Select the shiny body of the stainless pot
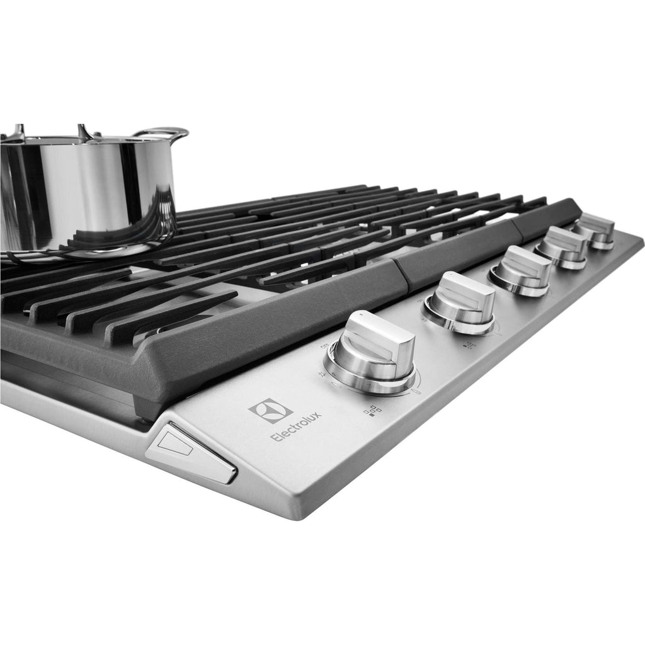(82, 189)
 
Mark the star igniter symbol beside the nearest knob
(322, 374)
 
